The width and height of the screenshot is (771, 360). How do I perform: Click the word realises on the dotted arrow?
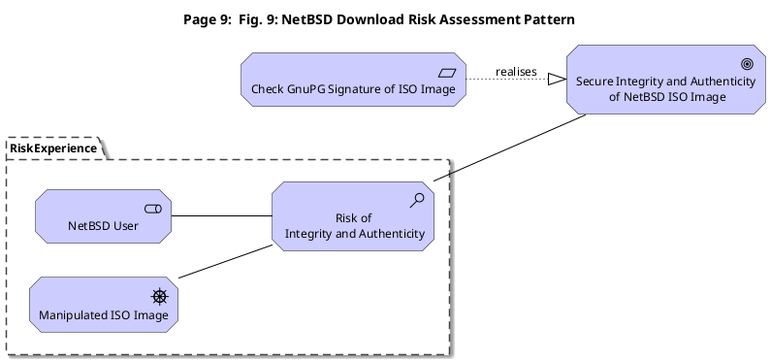(516, 72)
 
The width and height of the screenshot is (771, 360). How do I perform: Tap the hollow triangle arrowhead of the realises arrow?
(557, 79)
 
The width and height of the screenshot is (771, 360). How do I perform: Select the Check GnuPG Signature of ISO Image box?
(354, 80)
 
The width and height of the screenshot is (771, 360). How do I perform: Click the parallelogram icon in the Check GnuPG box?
(447, 74)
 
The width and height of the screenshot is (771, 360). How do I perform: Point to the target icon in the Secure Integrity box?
(747, 64)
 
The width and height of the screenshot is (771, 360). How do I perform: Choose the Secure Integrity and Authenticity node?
(665, 80)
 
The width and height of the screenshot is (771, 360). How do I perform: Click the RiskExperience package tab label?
(53, 148)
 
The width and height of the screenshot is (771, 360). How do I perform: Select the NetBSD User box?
(103, 216)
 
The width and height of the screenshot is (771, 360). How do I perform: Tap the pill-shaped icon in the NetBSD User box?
(153, 210)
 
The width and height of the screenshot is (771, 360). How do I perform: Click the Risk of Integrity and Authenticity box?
(353, 216)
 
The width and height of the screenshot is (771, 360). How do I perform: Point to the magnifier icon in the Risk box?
(417, 200)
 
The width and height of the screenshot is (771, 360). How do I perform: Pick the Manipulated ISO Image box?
(104, 305)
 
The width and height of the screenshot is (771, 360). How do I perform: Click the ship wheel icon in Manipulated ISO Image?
(160, 297)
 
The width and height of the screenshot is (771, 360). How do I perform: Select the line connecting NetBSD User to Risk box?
(222, 215)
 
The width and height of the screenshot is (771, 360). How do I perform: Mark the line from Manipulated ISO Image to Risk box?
(225, 261)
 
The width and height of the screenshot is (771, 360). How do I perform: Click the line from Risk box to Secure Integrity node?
(509, 147)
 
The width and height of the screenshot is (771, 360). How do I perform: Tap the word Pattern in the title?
(547, 19)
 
